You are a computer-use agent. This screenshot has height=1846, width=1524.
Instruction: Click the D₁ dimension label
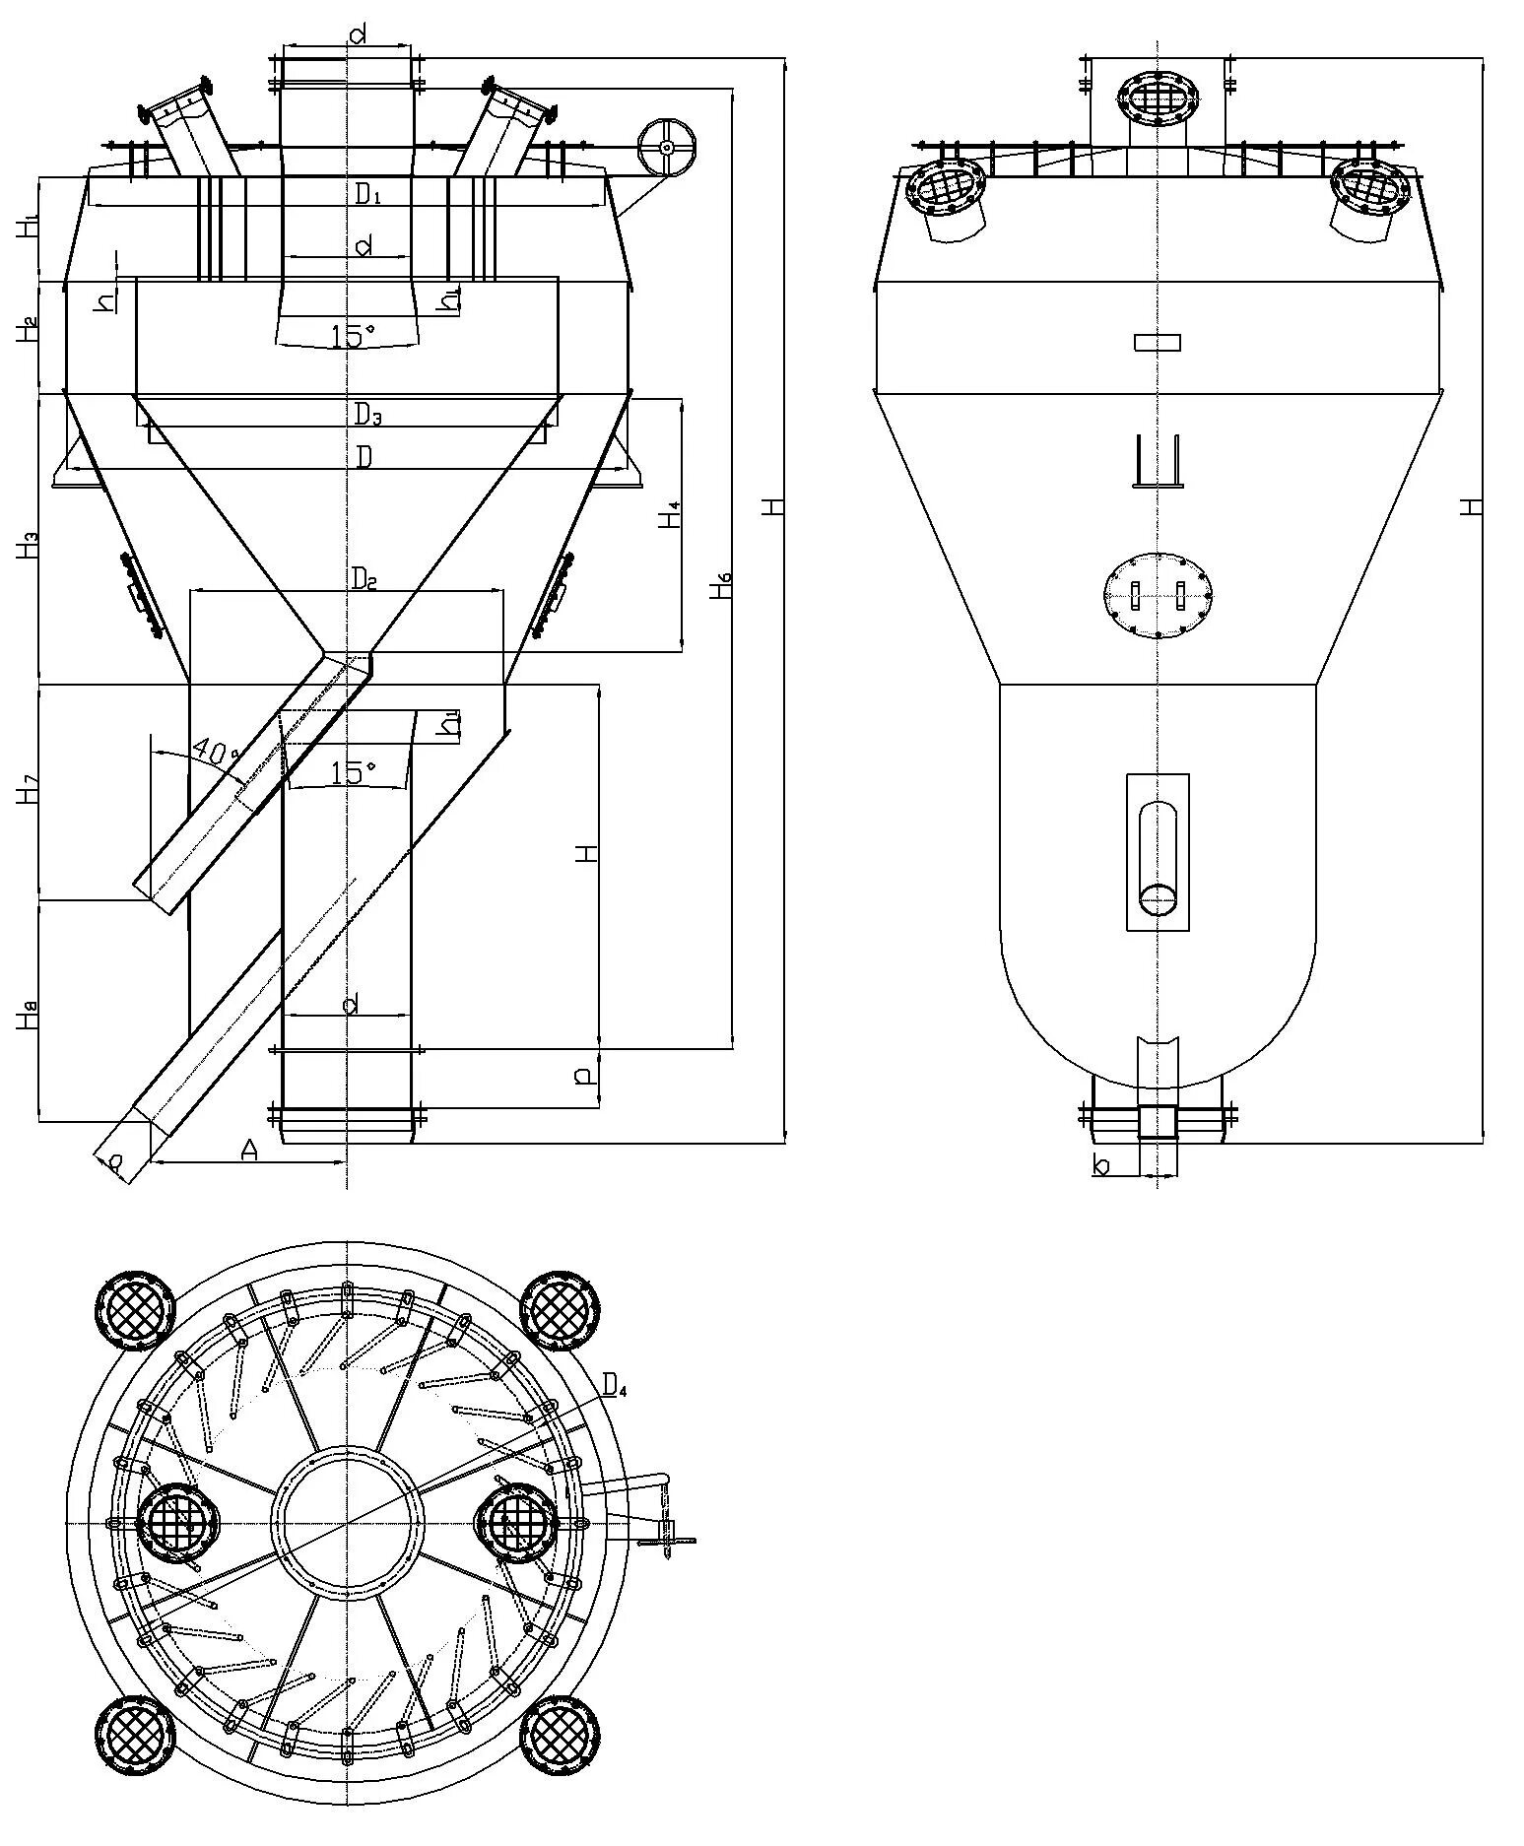coord(367,194)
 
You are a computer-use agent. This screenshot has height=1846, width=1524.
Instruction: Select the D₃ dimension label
coord(367,415)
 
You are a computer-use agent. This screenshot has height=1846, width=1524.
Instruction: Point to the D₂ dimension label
coord(364,578)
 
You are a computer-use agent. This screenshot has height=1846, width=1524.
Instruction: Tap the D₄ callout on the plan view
coord(615,1387)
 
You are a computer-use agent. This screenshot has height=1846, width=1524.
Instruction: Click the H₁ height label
coord(27,228)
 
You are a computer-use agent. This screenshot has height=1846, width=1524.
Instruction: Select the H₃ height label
coord(27,544)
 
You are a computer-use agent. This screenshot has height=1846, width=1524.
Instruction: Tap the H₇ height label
coord(27,790)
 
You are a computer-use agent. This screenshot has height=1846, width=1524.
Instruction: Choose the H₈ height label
coord(27,1015)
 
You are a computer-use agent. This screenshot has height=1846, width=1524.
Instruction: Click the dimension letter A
coord(248,1150)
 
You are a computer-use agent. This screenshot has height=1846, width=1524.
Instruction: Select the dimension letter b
coord(1102,1165)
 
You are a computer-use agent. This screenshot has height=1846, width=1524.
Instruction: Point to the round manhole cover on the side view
coord(1157,595)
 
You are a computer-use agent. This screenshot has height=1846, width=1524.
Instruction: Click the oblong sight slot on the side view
coord(1158,858)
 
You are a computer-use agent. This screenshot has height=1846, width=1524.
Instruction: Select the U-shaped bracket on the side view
coord(1157,461)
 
